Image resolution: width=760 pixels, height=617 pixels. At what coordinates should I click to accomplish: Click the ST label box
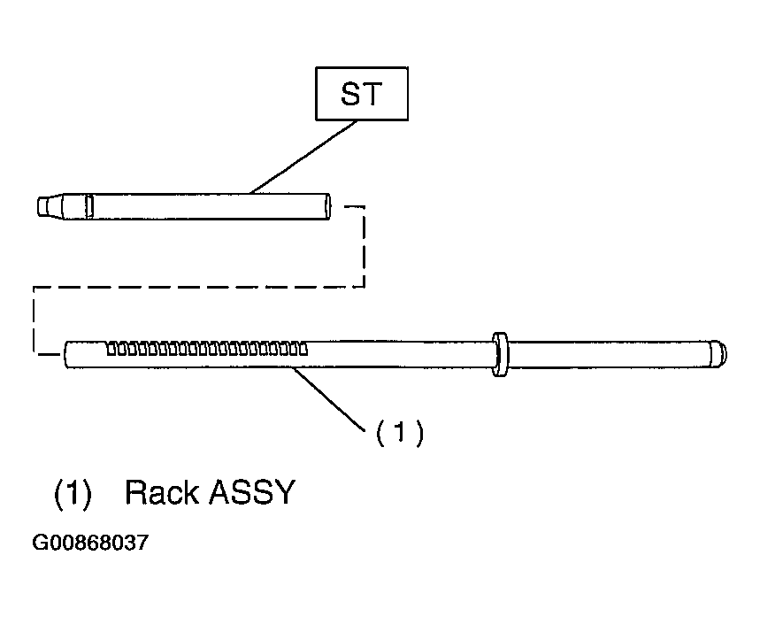[362, 94]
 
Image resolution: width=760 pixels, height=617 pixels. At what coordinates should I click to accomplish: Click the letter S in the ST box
[350, 94]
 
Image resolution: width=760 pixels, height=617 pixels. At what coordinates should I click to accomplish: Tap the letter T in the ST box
[372, 94]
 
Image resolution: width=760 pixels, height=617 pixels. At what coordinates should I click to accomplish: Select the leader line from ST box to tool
[303, 158]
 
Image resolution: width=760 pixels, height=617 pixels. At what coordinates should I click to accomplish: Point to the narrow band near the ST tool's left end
[89, 206]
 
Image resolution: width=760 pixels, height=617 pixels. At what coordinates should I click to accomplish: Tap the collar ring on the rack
[500, 354]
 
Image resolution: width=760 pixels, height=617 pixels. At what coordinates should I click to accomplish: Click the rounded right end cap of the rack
[718, 354]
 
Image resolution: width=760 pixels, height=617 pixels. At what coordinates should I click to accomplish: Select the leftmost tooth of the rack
[111, 350]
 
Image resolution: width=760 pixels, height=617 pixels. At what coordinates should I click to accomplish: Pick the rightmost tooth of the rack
[303, 350]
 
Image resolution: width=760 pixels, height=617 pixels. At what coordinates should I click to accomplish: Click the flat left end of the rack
[66, 355]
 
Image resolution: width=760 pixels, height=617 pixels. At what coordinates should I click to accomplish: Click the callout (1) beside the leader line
[399, 432]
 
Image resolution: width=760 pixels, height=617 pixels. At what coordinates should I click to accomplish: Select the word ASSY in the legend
[252, 492]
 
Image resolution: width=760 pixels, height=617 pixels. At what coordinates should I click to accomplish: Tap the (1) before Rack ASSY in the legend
[73, 494]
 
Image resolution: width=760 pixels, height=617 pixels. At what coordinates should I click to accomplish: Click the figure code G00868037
[90, 543]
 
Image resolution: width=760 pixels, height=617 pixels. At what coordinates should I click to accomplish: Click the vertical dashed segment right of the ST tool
[364, 246]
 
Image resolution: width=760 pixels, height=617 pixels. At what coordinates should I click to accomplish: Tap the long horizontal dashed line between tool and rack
[199, 287]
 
